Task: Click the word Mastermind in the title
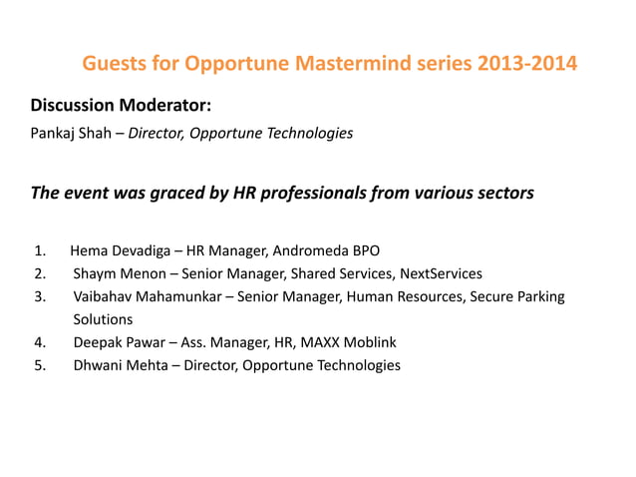353,66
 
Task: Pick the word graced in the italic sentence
174,193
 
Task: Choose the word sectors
502,193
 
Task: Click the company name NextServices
440,273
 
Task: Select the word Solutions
103,319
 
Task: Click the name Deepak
98,342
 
